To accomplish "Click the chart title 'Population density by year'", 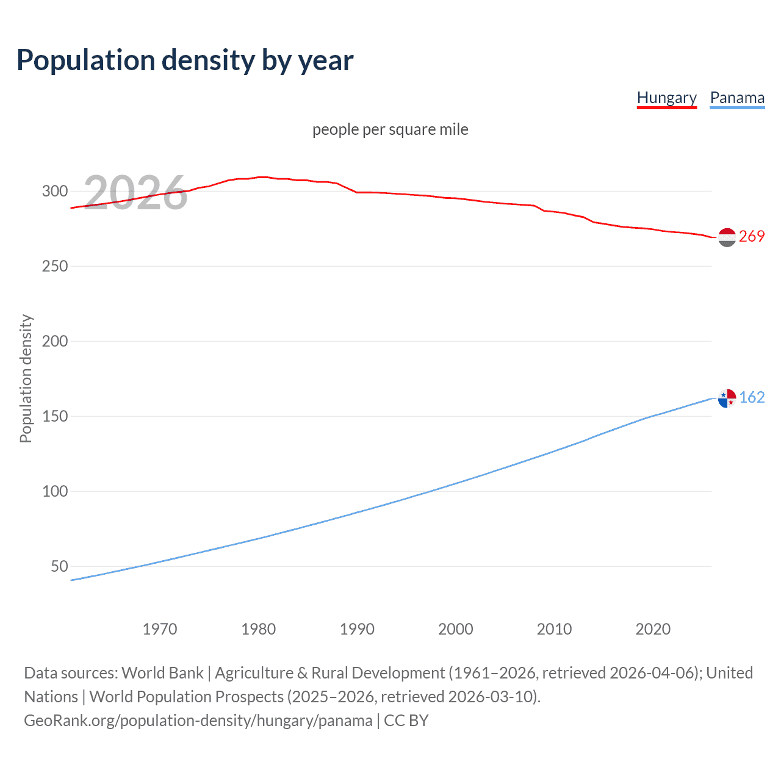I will click(x=185, y=60).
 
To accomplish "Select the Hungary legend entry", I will click(x=666, y=98).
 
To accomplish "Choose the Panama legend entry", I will click(x=737, y=98).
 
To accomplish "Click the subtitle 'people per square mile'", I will click(x=390, y=129).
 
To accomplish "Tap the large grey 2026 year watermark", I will click(x=135, y=193).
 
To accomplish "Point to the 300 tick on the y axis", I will click(x=55, y=191).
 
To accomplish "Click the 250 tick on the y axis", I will click(x=55, y=266).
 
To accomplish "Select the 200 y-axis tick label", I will click(x=55, y=341).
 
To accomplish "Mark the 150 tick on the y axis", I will click(x=55, y=416).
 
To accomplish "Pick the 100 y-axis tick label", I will click(x=55, y=491).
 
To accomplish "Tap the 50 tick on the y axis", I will click(x=59, y=566).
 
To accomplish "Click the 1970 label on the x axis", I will click(x=160, y=629).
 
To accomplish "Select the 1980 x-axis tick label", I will click(x=259, y=629).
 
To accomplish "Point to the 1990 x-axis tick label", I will click(x=357, y=629).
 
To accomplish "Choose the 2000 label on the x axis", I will click(x=456, y=629).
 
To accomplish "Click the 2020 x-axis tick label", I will click(x=653, y=629).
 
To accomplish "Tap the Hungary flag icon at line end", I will click(x=727, y=237).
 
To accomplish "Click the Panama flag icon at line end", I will click(x=727, y=398).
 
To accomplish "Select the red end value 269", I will click(x=752, y=237).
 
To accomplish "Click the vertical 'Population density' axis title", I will click(x=26, y=378).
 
